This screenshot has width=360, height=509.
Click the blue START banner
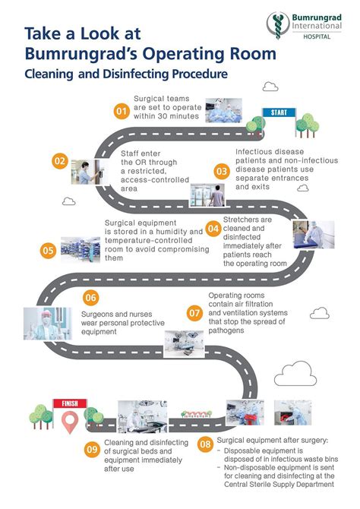click(x=279, y=112)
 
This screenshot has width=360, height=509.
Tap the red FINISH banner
click(x=70, y=403)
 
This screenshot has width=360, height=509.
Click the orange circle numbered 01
click(x=122, y=112)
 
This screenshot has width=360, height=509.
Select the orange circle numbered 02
click(x=60, y=161)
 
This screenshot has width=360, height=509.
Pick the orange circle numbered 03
click(x=222, y=171)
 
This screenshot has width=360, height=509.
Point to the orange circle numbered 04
click(x=213, y=229)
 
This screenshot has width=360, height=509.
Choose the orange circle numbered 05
click(x=48, y=251)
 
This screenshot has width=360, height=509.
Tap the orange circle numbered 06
click(x=91, y=298)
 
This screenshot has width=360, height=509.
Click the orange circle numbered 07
click(x=194, y=313)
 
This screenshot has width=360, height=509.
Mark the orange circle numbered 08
click(x=206, y=444)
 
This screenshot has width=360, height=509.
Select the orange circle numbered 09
click(x=92, y=450)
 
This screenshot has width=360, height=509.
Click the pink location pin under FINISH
click(x=70, y=422)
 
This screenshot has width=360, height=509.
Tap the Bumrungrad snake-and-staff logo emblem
click(x=278, y=25)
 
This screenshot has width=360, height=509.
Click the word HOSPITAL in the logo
click(x=317, y=36)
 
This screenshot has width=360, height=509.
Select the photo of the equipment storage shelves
click(x=81, y=249)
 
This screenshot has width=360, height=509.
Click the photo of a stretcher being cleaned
click(x=314, y=235)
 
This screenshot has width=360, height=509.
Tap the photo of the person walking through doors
click(x=207, y=195)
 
